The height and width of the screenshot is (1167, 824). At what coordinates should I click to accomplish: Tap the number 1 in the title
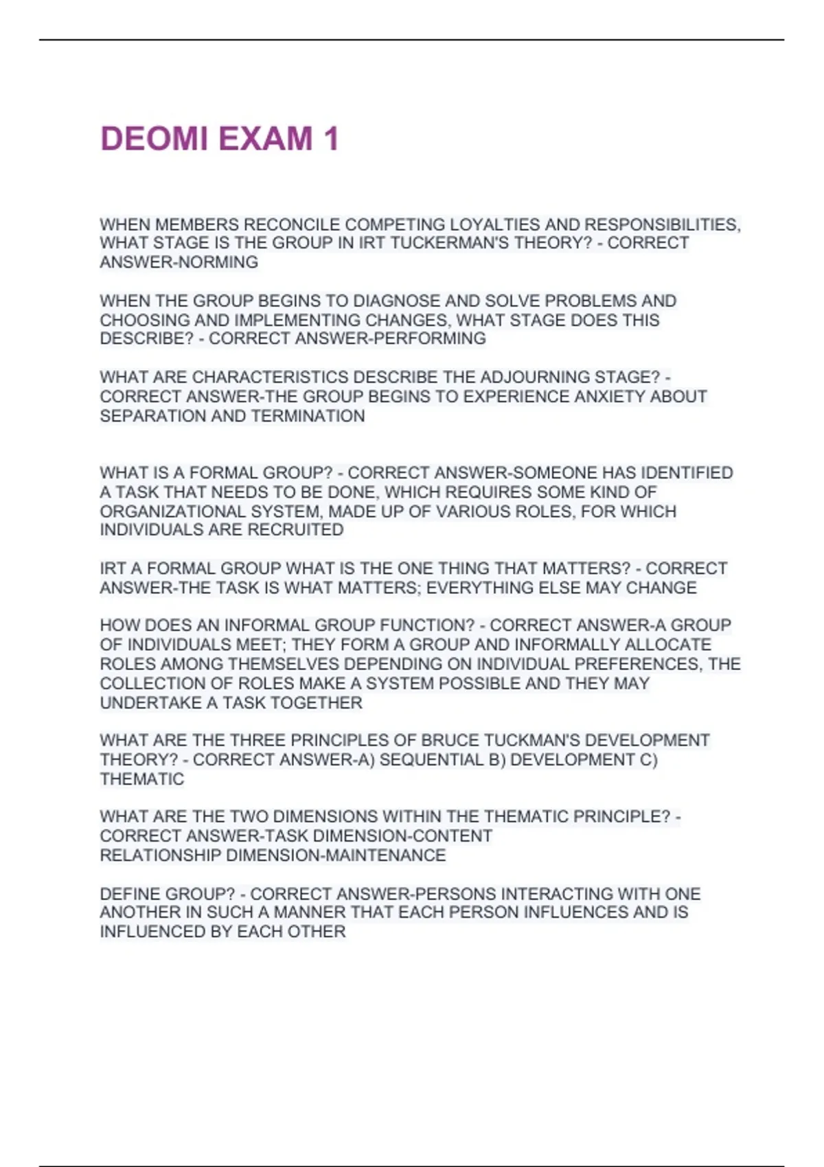(331, 139)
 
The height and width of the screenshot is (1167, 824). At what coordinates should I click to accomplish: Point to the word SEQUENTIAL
(431, 760)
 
